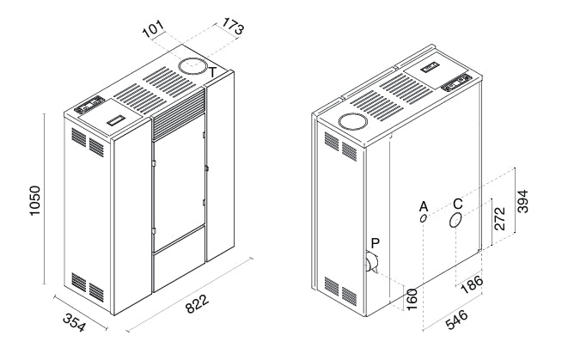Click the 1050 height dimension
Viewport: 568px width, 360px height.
tap(35, 201)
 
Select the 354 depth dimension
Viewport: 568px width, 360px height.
tap(75, 322)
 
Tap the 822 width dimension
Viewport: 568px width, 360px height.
tap(198, 304)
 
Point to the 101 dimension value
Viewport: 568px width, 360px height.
tap(153, 29)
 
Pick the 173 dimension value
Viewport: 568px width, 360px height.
tap(233, 27)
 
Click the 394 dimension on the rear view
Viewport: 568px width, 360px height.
tap(522, 201)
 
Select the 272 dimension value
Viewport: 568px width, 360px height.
tap(499, 218)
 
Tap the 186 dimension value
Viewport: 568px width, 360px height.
tap(472, 285)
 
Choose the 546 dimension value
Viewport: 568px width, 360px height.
tap(457, 320)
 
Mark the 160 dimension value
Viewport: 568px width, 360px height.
tap(412, 300)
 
